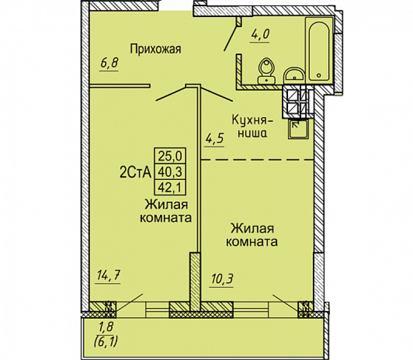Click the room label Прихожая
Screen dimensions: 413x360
click(x=155, y=49)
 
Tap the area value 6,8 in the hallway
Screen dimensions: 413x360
click(x=109, y=63)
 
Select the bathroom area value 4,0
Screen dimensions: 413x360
click(x=260, y=35)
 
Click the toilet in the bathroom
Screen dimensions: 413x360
click(x=266, y=71)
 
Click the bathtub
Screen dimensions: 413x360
click(x=319, y=49)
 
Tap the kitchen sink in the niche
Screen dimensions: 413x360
click(x=298, y=129)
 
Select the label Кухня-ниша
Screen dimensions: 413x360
click(x=252, y=126)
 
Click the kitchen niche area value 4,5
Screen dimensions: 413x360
click(x=214, y=138)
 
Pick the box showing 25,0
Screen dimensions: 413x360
click(x=170, y=156)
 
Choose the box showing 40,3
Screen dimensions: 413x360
click(x=170, y=172)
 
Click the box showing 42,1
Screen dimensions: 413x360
click(x=170, y=187)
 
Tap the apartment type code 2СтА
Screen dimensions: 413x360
click(x=135, y=173)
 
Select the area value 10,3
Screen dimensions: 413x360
click(x=222, y=279)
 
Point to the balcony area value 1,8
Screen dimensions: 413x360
click(x=106, y=327)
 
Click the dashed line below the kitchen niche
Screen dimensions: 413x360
click(x=258, y=159)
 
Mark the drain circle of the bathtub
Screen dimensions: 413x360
click(x=319, y=75)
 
